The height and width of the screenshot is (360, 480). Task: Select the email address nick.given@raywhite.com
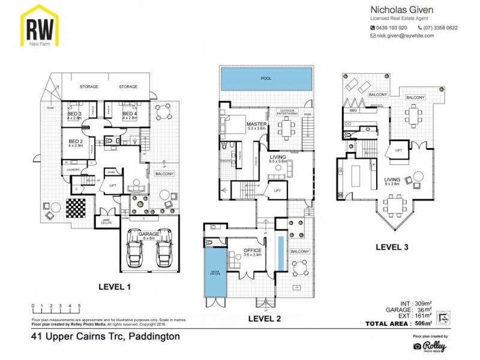click(406, 36)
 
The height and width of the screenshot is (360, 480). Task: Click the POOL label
click(266, 79)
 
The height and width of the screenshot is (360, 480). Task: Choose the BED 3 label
click(74, 113)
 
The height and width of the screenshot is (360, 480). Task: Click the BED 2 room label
click(76, 141)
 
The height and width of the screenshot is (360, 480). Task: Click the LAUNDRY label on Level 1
click(73, 170)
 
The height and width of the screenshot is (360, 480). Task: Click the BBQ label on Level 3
click(353, 110)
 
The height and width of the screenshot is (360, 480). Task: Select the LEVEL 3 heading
click(392, 246)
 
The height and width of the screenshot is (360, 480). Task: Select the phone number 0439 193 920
click(391, 28)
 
